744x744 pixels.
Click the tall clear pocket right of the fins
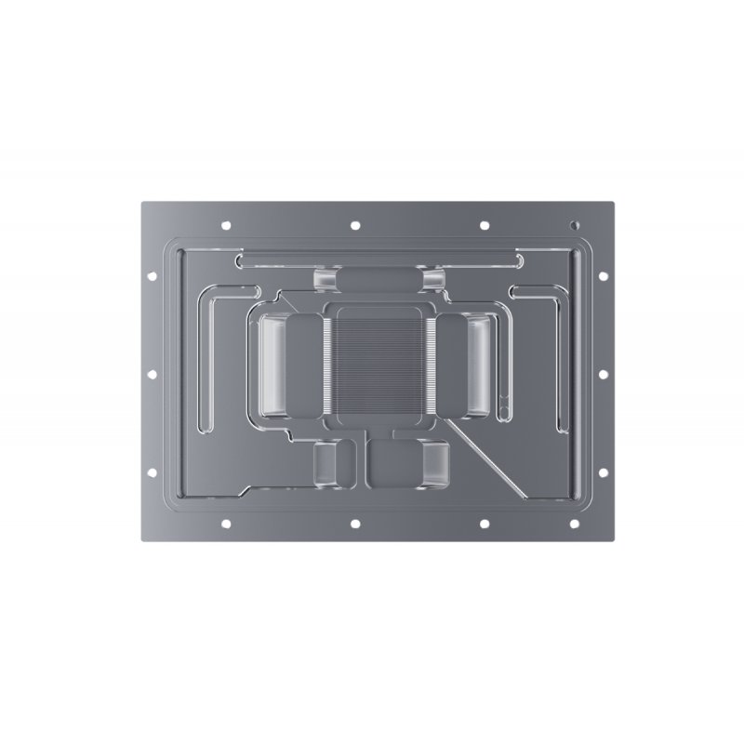point(480,365)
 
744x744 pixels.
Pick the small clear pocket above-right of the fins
point(433,279)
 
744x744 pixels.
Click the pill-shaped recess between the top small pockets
point(380,279)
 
